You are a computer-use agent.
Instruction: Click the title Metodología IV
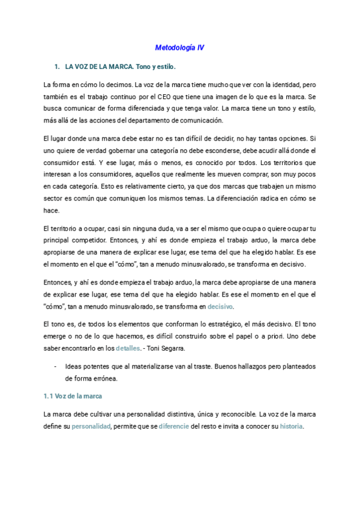[x=179, y=47]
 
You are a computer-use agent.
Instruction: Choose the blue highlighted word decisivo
[x=220, y=306]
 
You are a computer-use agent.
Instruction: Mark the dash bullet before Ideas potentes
[x=56, y=366]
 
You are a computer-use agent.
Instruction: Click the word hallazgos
[x=236, y=366]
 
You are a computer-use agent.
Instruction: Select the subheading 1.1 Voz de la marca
[x=73, y=397]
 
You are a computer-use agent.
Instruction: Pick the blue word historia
[x=291, y=427]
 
